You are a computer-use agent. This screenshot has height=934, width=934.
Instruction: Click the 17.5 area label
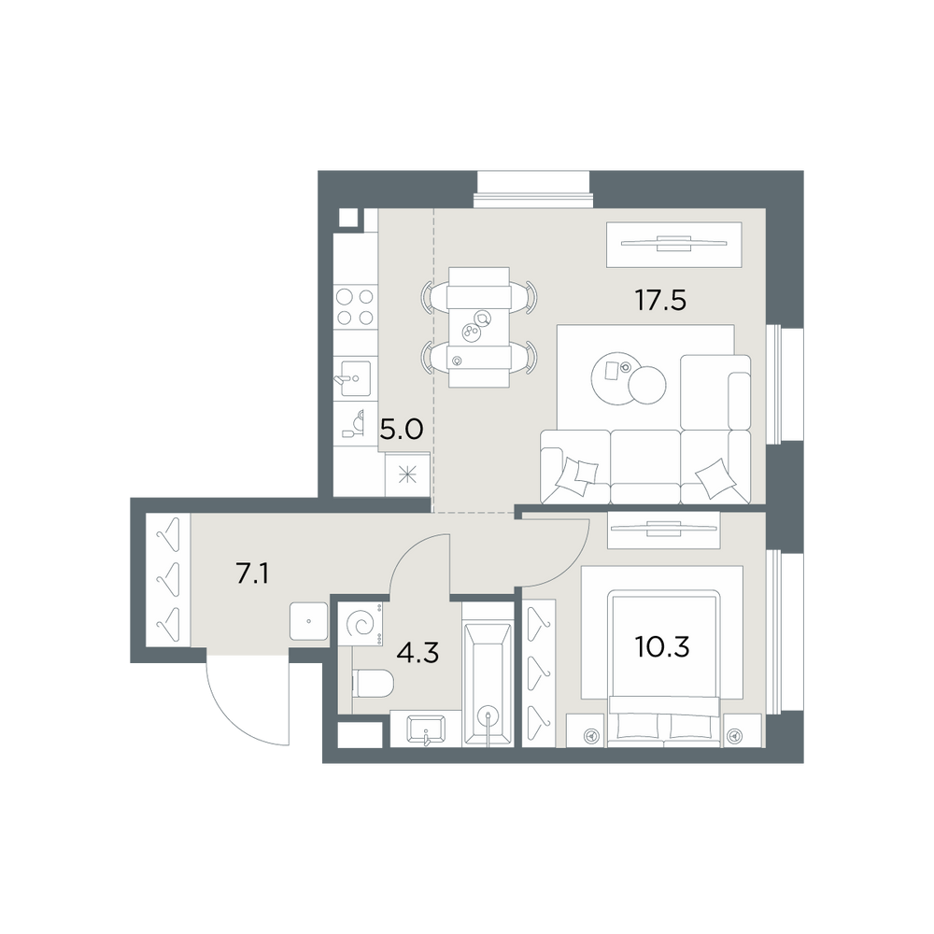660,300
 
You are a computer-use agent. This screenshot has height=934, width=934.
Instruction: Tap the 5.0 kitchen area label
402,429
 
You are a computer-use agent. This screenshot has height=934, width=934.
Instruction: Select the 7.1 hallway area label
252,574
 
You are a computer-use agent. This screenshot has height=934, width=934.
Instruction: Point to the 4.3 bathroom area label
417,654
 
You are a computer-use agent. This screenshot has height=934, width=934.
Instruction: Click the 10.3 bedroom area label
662,646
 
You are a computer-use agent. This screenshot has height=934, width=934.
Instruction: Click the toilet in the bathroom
373,683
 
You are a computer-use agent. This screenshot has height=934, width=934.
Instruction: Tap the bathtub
488,684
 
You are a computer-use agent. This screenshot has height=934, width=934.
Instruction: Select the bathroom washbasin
425,729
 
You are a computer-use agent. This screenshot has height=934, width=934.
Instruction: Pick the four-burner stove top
355,306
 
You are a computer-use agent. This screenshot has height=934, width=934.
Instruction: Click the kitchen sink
355,378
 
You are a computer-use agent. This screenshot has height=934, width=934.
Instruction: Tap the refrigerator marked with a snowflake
407,474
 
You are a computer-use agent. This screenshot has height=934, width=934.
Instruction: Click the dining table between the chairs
479,327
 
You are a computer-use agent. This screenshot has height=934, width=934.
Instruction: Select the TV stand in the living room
673,244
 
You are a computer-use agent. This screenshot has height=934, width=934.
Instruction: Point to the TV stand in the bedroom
663,530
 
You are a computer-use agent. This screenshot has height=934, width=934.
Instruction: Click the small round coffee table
647,385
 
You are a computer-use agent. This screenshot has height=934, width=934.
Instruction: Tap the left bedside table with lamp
586,730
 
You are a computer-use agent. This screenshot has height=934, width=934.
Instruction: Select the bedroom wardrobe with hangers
539,672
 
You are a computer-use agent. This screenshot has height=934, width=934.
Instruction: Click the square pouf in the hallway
308,621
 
